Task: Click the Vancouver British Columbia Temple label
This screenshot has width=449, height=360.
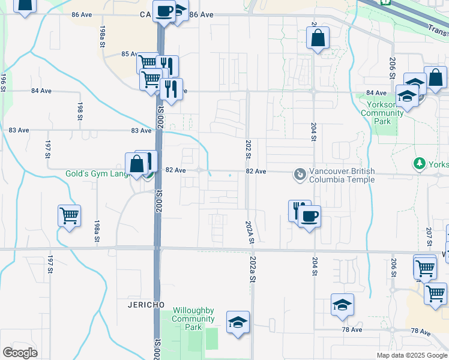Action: coord(342,175)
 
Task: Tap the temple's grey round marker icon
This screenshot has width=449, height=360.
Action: coord(299,175)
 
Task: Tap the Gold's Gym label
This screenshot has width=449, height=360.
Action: coord(97,174)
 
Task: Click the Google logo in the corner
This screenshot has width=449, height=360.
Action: coord(19,353)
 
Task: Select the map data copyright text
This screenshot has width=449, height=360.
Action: coord(412,355)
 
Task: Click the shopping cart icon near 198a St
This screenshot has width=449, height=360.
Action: coord(70,215)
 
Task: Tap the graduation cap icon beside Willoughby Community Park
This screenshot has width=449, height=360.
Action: coord(238,322)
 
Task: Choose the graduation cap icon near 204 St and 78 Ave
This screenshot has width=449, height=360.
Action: coord(342,305)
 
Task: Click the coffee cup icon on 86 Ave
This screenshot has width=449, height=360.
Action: coord(164,10)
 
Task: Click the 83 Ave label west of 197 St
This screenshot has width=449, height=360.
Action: coord(19,130)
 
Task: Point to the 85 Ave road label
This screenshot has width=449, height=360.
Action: coord(129,54)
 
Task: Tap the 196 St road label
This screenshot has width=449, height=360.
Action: coord(3,82)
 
